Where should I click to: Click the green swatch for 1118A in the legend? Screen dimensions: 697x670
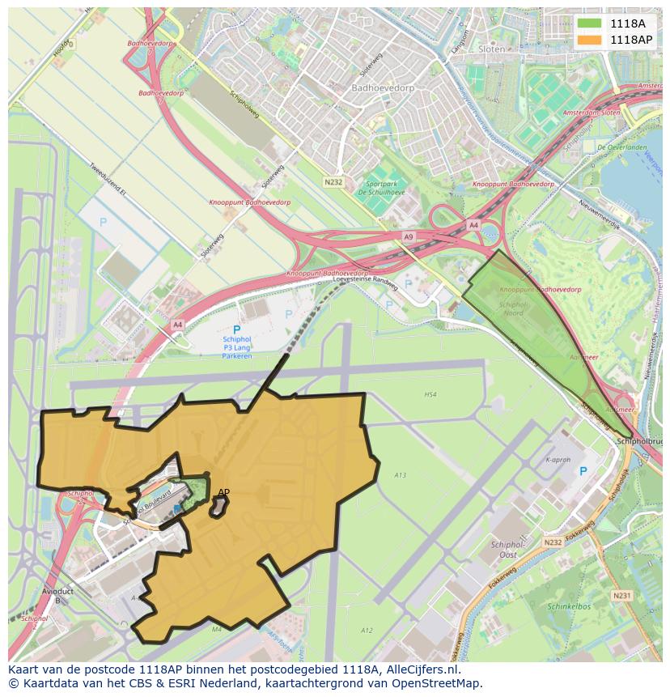[x=589, y=23]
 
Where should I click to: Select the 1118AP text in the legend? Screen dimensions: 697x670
[x=632, y=40]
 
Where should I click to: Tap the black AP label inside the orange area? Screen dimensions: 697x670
[x=224, y=492]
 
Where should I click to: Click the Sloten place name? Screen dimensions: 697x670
[x=491, y=49]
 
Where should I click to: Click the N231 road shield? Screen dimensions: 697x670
[x=621, y=595]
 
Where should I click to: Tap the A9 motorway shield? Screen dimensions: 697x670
[x=408, y=236]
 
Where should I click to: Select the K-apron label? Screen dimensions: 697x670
[x=558, y=459]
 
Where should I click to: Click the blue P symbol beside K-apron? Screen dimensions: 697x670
[x=583, y=471]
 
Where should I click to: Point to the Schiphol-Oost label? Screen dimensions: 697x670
[x=508, y=550]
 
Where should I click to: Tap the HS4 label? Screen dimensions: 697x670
[x=430, y=395]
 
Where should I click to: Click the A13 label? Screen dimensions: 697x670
[x=400, y=475]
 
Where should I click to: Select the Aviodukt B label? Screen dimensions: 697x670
[x=57, y=595]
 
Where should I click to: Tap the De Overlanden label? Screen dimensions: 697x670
[x=621, y=147]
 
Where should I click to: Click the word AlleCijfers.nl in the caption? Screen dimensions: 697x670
[x=423, y=669]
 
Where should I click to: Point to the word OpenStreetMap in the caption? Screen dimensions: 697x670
[x=435, y=683]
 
